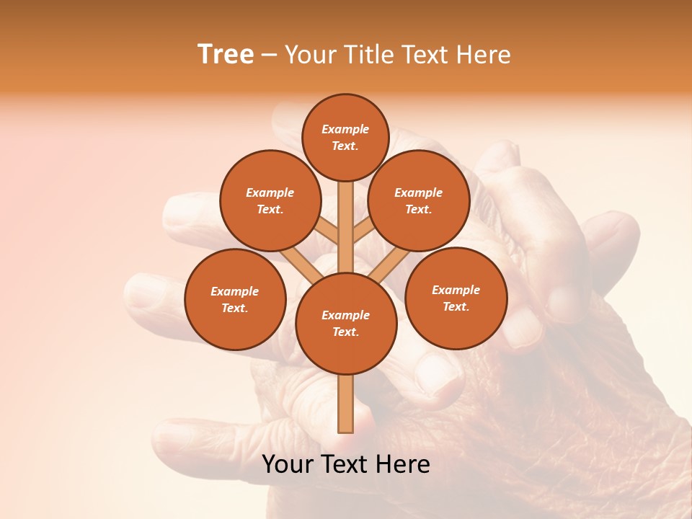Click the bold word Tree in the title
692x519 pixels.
pos(226,55)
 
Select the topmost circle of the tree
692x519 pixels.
pos(345,137)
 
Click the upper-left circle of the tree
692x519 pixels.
pos(270,200)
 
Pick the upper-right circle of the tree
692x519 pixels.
pos(419,200)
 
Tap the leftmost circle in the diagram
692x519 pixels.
pos(235,299)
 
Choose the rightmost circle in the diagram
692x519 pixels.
pos(456,298)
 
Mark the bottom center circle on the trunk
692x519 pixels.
pos(346,324)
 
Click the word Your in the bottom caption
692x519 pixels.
pos(288,464)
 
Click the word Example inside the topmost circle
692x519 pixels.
pos(345,130)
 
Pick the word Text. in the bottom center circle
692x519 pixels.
pos(345,332)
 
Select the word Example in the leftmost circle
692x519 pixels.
pos(234,292)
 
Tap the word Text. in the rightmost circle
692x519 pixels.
pos(456,307)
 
